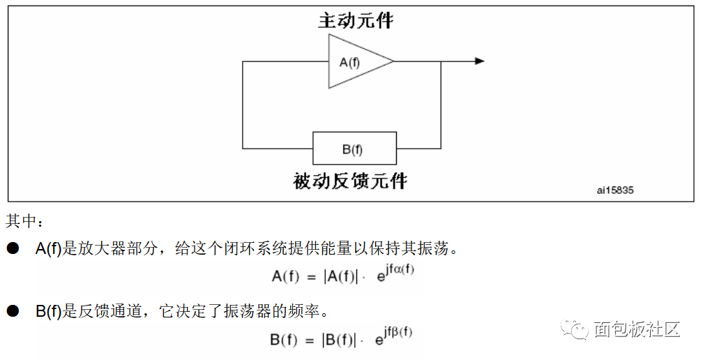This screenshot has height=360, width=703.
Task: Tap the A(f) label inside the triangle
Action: [349, 62]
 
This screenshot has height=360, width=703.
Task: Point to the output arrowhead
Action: [480, 61]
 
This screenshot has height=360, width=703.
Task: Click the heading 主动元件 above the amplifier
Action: [356, 21]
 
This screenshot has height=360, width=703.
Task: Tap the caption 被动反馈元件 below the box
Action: [350, 181]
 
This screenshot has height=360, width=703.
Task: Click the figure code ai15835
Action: [615, 190]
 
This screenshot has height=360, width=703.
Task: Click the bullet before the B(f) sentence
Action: [13, 310]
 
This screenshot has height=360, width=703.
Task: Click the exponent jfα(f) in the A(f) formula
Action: [400, 270]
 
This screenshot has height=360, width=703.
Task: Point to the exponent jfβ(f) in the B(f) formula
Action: [398, 333]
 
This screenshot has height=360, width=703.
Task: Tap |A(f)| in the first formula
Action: [341, 276]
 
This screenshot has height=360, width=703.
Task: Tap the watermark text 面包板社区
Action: [637, 329]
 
